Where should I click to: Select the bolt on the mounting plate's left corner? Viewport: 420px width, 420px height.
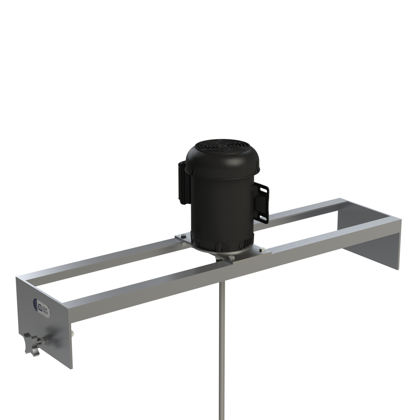click(x=183, y=237)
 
